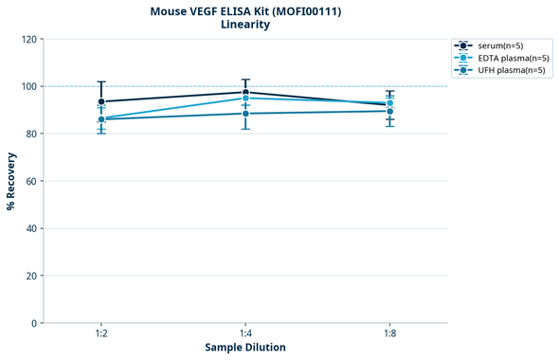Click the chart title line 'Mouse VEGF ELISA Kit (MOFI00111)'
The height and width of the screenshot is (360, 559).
[244, 11]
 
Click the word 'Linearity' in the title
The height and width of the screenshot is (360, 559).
[244, 25]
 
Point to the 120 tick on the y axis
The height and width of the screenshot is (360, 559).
[28, 39]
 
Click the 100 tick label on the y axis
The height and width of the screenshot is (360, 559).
[28, 86]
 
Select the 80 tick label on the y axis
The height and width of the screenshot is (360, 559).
[31, 134]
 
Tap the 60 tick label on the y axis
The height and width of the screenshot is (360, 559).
[31, 181]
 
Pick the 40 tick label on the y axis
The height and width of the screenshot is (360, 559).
[31, 228]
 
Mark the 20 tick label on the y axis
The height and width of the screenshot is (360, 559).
[31, 276]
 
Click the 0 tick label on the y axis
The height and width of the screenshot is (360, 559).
[34, 323]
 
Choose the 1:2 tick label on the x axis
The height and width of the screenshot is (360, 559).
[101, 334]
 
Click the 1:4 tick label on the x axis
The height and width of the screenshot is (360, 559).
[245, 334]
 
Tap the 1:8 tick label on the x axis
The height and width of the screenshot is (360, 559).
[389, 334]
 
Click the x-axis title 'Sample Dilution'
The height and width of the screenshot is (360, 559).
[245, 348]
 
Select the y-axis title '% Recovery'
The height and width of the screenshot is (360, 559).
[11, 181]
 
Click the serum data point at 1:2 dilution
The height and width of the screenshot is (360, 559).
[101, 101]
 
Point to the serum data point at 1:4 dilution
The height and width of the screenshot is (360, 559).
[245, 92]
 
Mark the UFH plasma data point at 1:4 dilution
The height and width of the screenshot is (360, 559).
[245, 114]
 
